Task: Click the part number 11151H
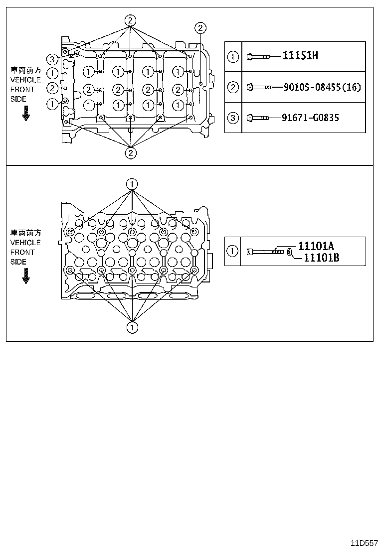point(300,56)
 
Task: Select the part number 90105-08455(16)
point(322,87)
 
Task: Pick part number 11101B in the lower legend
point(322,257)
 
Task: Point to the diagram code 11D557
point(363,542)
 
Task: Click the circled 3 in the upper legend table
point(233,118)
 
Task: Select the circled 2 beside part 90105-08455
point(233,87)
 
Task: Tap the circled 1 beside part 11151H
point(233,56)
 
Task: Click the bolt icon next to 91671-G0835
point(258,118)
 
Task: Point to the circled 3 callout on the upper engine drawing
point(52,60)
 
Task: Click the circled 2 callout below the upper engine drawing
point(130,152)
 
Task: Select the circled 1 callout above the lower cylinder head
point(132,184)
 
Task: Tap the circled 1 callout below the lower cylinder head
point(132,327)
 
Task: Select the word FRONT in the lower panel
point(22,252)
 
